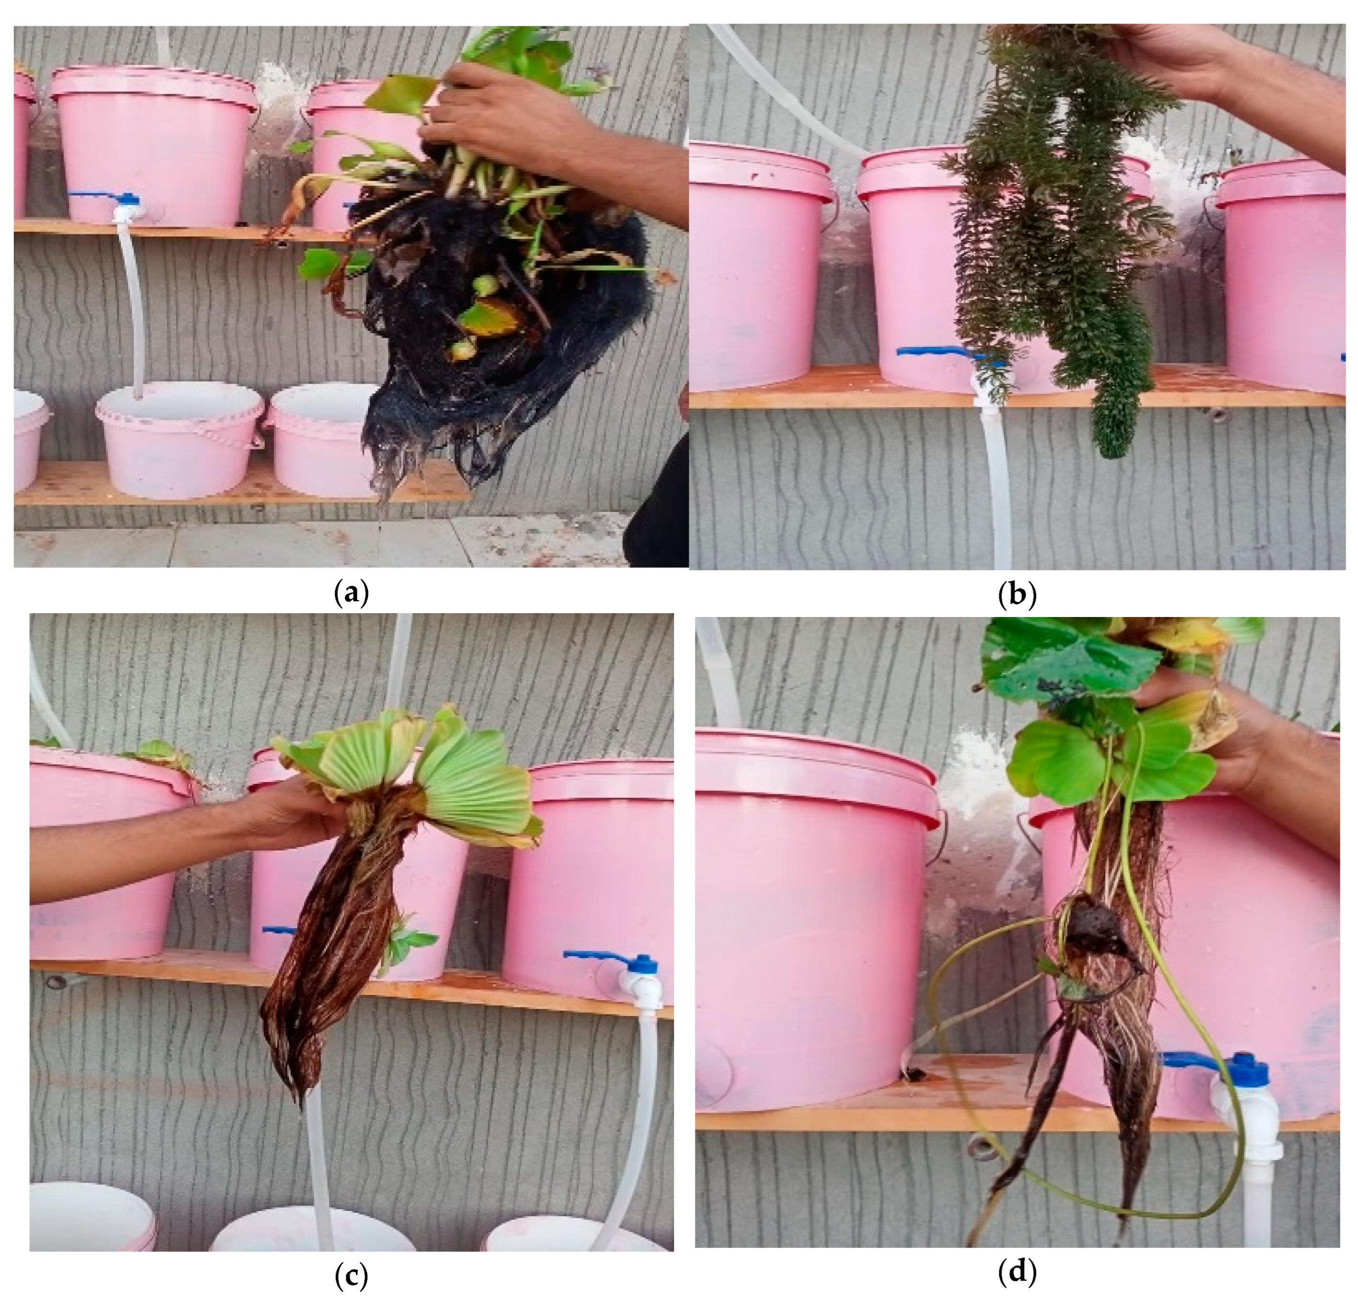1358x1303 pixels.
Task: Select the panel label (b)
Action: coord(1016,594)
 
